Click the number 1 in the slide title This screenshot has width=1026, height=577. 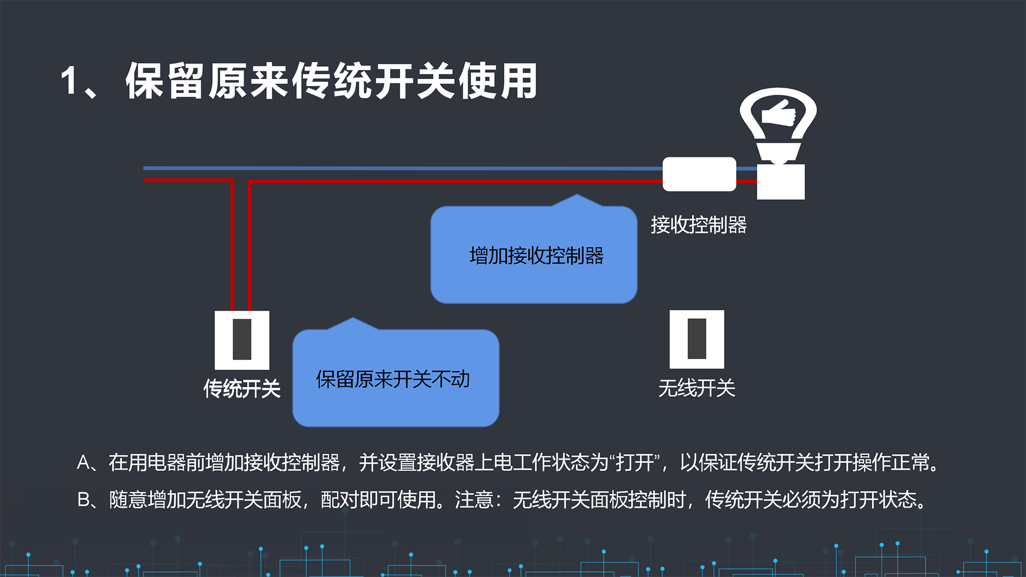pyautogui.click(x=69, y=81)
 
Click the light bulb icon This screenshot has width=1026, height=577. pyautogui.click(x=778, y=126)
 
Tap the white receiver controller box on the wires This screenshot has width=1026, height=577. pyautogui.click(x=699, y=174)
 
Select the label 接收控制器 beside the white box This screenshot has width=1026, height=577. pyautogui.click(x=698, y=225)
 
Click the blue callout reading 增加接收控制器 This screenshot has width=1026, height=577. pyautogui.click(x=534, y=254)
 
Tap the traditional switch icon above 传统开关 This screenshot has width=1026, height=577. pyautogui.click(x=242, y=340)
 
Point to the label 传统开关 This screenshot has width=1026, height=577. pyautogui.click(x=242, y=388)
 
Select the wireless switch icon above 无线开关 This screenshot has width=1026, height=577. pyautogui.click(x=697, y=339)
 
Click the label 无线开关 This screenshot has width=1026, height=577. pyautogui.click(x=697, y=388)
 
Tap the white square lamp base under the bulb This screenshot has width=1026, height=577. pyautogui.click(x=781, y=182)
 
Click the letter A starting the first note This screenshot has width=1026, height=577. pyautogui.click(x=83, y=463)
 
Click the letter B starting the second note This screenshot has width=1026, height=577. pyautogui.click(x=83, y=500)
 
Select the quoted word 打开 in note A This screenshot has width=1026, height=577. pyautogui.click(x=635, y=463)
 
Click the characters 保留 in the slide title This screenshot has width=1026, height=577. pyautogui.click(x=166, y=81)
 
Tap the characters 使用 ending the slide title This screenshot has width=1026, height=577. pyautogui.click(x=498, y=81)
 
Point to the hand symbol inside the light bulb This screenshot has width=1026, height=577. pyautogui.click(x=779, y=113)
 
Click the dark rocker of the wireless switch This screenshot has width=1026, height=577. pyautogui.click(x=697, y=339)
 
